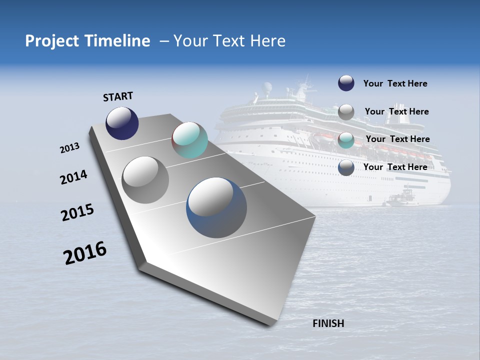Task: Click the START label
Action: pos(118,96)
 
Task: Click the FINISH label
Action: pos(328,323)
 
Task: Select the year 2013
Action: pos(69,148)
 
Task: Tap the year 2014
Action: pos(73,177)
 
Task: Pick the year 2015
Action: pos(77,212)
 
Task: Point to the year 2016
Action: pos(85,253)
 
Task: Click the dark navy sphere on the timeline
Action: pos(122,123)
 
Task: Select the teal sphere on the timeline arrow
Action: pos(189,140)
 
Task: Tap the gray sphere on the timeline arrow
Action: pos(145,180)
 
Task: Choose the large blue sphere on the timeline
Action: pos(216,207)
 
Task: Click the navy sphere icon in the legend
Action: pos(346,83)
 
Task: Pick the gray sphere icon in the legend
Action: pos(346,112)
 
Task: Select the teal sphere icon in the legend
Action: pos(346,140)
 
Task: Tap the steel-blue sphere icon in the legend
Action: pos(346,168)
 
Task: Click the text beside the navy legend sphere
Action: pos(395,84)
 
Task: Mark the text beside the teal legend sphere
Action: pos(397,139)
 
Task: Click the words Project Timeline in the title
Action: pos(87,41)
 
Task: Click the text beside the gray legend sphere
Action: pos(396,111)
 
